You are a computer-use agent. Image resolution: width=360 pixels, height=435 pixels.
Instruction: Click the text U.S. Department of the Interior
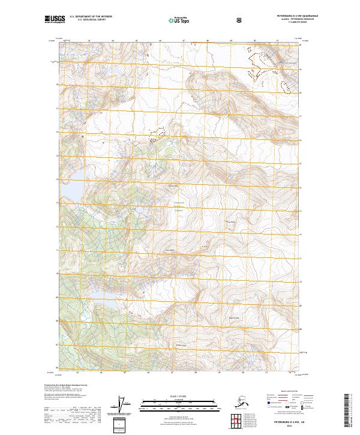pos(91,17)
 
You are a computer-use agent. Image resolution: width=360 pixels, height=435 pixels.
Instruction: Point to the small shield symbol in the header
pos(240,20)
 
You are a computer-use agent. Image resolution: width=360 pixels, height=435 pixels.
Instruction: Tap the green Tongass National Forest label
pos(179,206)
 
